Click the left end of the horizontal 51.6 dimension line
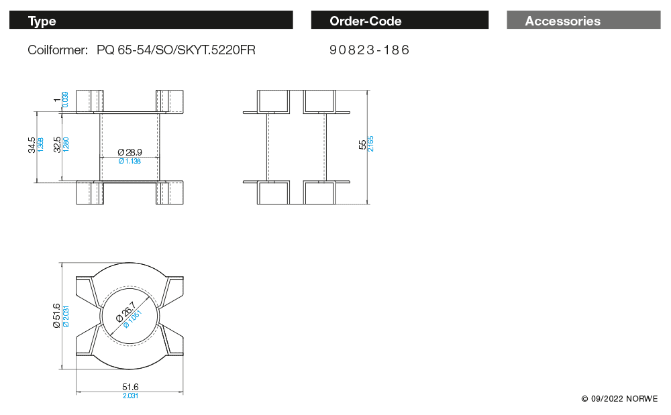coord(76,392)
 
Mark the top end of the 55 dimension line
coord(367,91)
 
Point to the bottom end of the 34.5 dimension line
coord(37,182)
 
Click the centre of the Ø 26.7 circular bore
coord(130,316)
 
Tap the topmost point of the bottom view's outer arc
coord(130,263)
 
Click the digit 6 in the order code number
coord(405,50)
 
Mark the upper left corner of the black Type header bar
coord(9,11)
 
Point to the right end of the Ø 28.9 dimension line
coord(159,158)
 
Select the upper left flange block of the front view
coord(90,101)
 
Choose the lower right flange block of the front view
coord(170,193)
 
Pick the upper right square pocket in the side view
coord(319,102)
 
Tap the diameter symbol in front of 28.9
coord(121,152)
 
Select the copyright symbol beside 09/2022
coord(584,399)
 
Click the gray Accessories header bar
coord(584,20)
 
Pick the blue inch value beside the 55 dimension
coord(370,144)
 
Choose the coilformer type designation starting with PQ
coord(176,50)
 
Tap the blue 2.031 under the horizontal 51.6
coord(131,396)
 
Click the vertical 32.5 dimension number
coord(57,145)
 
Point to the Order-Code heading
coord(366,21)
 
